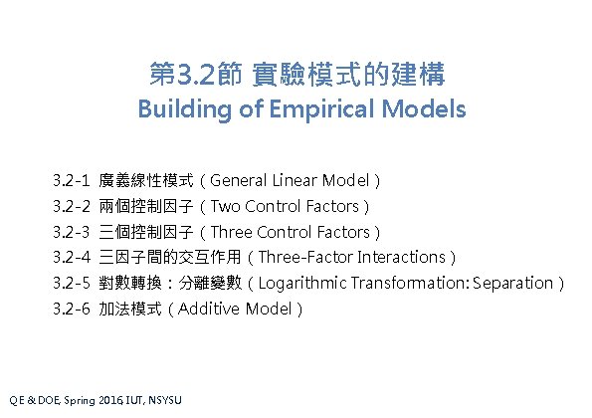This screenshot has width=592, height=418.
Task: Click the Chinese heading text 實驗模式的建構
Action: (x=349, y=74)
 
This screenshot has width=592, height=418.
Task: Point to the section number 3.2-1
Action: (x=73, y=181)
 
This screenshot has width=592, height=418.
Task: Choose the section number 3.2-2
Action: (x=73, y=207)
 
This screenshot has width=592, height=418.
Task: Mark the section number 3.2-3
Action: (x=73, y=232)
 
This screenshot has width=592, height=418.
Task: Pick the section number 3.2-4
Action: (x=73, y=258)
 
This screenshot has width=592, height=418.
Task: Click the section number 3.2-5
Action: (x=73, y=283)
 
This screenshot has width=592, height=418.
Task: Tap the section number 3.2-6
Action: (x=73, y=309)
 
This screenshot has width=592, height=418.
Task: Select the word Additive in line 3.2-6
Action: (x=210, y=309)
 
